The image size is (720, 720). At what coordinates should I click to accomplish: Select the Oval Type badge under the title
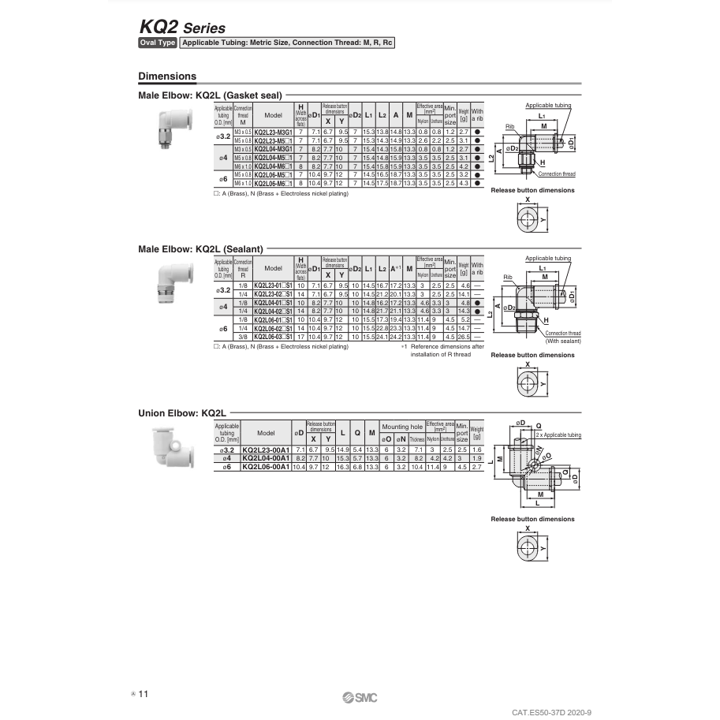158,43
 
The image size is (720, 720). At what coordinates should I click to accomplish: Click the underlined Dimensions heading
167,76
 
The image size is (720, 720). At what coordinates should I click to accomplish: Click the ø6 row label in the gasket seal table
223,178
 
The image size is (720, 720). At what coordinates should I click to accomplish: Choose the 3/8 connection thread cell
244,337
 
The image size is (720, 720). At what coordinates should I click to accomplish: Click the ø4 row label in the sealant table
223,306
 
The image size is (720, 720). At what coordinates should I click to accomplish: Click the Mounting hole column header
402,427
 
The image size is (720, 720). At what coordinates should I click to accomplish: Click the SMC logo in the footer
360,698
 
